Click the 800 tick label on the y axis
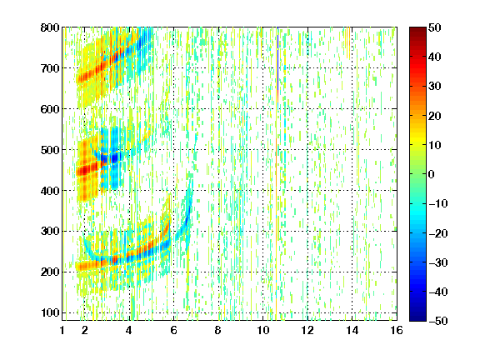coord(50,27)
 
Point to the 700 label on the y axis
coord(50,68)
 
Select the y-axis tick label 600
coord(50,109)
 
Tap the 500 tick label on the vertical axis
coord(50,150)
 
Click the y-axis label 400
coord(50,191)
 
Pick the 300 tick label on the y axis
coord(50,232)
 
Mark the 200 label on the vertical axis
coord(50,272)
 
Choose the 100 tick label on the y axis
coord(50,312)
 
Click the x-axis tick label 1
coord(62,330)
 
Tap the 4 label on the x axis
coord(129,330)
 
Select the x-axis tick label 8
coord(217,330)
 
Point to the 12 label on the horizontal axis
coord(307,330)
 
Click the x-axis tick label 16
coord(397,330)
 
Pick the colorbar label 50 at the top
coord(435,27)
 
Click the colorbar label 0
coord(432,174)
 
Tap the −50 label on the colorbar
coord(438,321)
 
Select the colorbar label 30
coord(435,87)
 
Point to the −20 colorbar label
coord(438,233)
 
